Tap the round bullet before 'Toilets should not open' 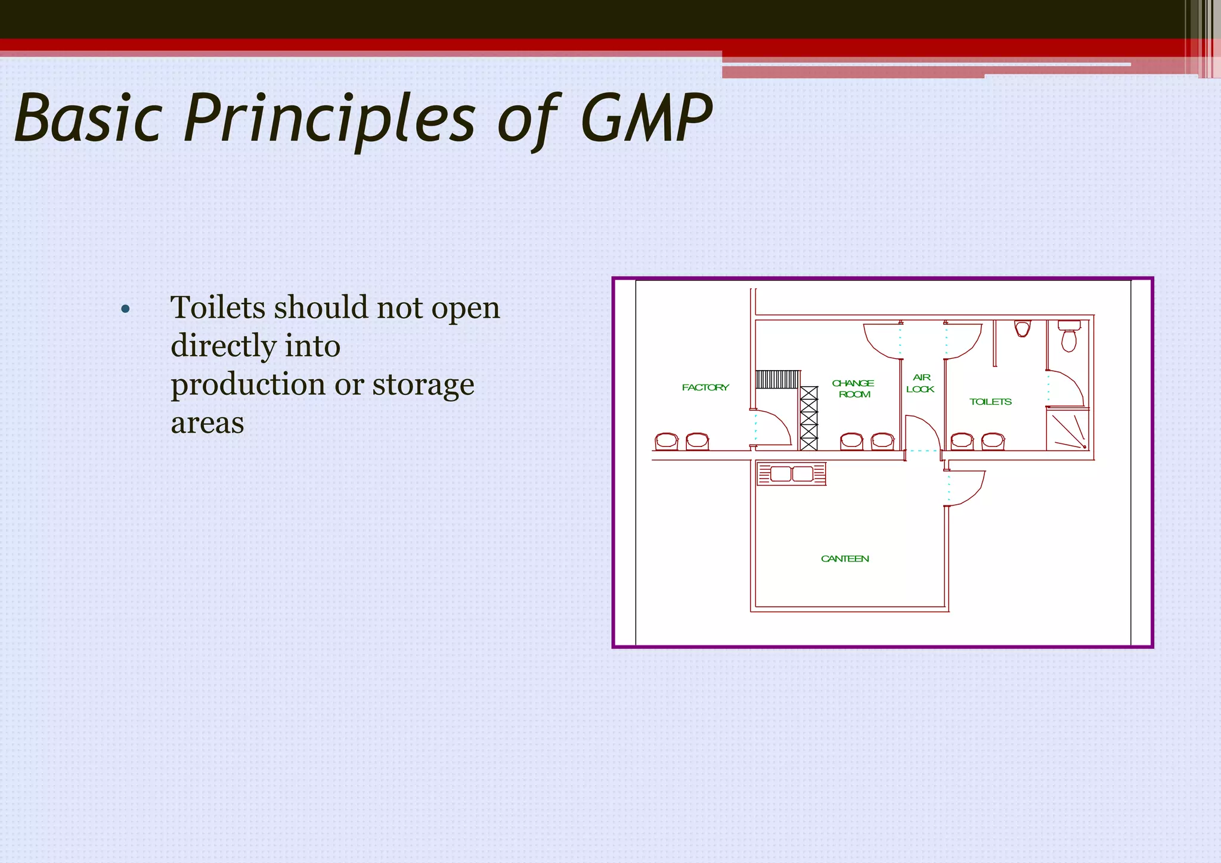tap(125, 309)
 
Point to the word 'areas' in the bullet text tap(207, 423)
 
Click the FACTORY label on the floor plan tap(705, 387)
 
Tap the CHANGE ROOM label tap(854, 389)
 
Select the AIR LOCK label tap(921, 383)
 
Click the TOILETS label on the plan tap(990, 402)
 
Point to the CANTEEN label tap(845, 558)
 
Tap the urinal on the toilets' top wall tap(1022, 328)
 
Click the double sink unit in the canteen tap(792, 474)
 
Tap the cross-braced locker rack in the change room tap(808, 418)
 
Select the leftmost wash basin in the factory tap(666, 442)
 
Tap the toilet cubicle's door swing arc tap(1066, 387)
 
